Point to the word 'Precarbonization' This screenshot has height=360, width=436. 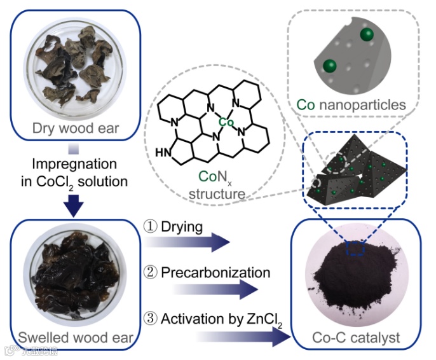point(215,272)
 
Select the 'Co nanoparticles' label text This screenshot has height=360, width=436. point(351,104)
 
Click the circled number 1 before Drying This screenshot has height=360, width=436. point(151,227)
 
